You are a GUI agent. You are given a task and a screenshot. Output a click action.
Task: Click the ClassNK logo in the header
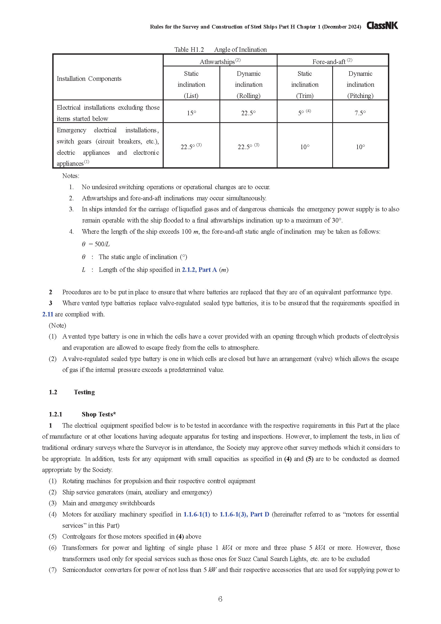click(x=382, y=26)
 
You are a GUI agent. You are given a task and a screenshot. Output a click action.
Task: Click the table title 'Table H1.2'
click(x=189, y=49)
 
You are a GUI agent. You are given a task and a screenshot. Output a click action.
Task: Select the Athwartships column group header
click(x=220, y=62)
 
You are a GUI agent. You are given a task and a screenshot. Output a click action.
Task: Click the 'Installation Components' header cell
click(x=89, y=79)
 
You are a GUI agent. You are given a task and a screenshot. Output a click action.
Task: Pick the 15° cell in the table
click(x=191, y=113)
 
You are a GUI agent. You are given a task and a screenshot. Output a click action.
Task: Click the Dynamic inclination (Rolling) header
click(x=248, y=85)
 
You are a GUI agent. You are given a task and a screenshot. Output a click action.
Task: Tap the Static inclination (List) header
click(x=191, y=85)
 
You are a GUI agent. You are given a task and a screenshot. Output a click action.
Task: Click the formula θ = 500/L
click(x=96, y=244)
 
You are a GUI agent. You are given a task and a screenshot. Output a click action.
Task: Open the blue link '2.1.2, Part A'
click(x=199, y=270)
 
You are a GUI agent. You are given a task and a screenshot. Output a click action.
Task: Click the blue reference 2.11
click(x=47, y=314)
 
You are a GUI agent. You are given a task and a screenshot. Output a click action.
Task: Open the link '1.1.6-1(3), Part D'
click(x=244, y=514)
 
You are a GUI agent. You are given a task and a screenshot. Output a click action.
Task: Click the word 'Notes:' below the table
click(x=71, y=176)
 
